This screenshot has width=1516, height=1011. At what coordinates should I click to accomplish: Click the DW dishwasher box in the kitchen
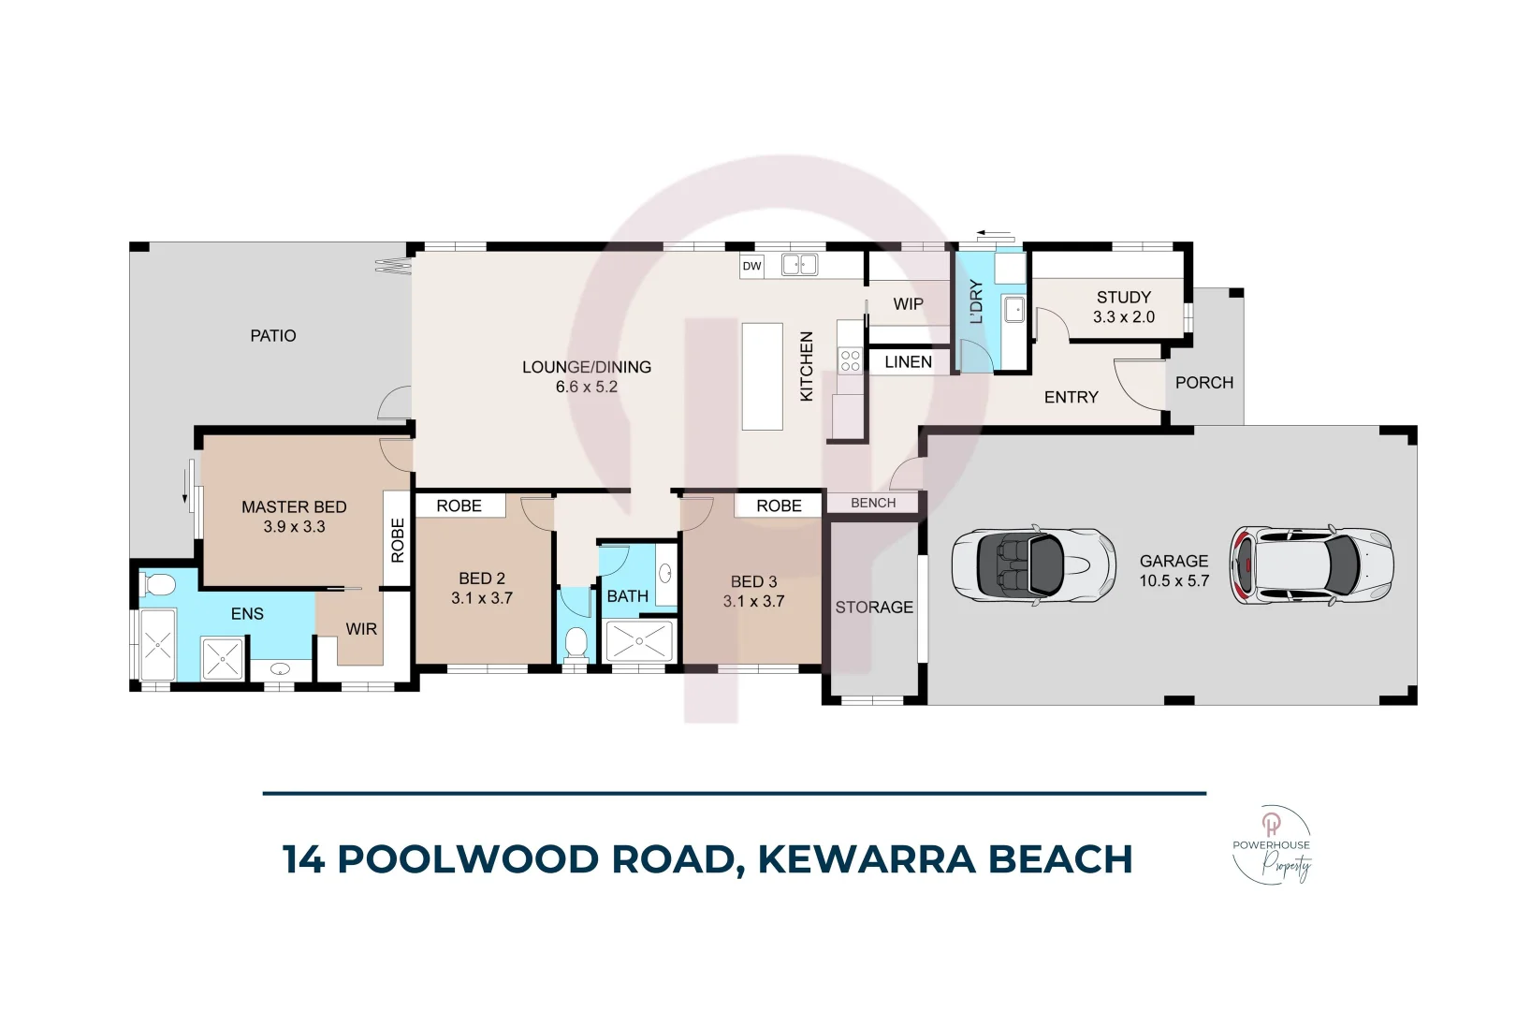[751, 266]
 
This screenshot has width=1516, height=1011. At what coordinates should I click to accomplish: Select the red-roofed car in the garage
[1311, 564]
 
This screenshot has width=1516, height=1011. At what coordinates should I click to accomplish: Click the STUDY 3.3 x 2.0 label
[1123, 307]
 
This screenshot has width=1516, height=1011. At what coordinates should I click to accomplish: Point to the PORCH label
[1203, 383]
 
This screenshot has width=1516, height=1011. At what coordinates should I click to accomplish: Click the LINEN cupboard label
[908, 362]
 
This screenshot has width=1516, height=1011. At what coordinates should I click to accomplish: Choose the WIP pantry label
[908, 304]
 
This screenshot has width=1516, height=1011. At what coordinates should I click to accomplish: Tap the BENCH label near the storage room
[873, 504]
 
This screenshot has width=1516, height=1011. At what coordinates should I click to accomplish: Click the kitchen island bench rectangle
[762, 376]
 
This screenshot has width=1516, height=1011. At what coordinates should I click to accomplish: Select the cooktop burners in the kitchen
[850, 360]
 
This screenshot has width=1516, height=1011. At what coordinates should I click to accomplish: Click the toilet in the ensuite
[157, 586]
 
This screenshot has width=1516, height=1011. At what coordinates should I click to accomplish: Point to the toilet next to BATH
[576, 643]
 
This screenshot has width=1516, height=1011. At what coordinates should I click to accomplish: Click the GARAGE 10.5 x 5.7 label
[1173, 571]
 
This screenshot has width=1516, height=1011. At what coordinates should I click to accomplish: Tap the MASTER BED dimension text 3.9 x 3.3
[294, 527]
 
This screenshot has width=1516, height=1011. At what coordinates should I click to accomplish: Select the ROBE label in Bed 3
[779, 505]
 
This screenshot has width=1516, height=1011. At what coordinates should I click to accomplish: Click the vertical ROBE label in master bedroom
[398, 540]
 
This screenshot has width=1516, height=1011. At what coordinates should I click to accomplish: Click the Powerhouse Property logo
[1272, 845]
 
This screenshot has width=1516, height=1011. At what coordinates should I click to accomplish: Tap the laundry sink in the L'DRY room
[1013, 308]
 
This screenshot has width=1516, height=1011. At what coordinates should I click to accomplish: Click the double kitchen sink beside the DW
[799, 266]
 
